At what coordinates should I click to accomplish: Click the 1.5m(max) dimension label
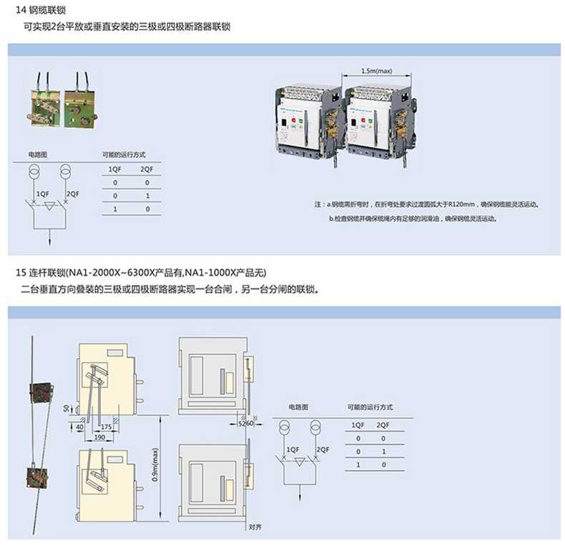377,71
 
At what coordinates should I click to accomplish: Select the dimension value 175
105,426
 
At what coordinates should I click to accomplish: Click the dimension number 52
242,424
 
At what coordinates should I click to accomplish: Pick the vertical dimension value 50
66,407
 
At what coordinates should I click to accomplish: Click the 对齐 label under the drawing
255,528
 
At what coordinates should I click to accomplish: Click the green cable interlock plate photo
79,104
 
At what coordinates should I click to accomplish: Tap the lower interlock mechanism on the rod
36,476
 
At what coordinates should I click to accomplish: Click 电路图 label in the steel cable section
37,154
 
